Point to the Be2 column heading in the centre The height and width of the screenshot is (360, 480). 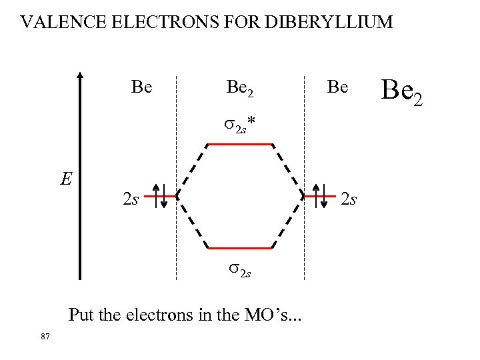pyautogui.click(x=240, y=87)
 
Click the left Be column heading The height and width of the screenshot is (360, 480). pyautogui.click(x=142, y=87)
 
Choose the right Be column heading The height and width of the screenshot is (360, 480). pyautogui.click(x=337, y=87)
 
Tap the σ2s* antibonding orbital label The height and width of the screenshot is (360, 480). pyautogui.click(x=240, y=125)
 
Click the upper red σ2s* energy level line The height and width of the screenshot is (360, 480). pyautogui.click(x=240, y=144)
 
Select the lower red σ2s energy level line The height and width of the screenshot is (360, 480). pyautogui.click(x=240, y=248)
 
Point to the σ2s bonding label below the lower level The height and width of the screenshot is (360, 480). pyautogui.click(x=240, y=269)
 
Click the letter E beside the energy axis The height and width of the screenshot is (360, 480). pyautogui.click(x=65, y=179)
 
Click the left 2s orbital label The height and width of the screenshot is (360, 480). pyautogui.click(x=131, y=199)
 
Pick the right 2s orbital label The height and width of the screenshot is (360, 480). pyautogui.click(x=349, y=198)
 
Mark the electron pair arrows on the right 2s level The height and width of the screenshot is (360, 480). pyautogui.click(x=320, y=196)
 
